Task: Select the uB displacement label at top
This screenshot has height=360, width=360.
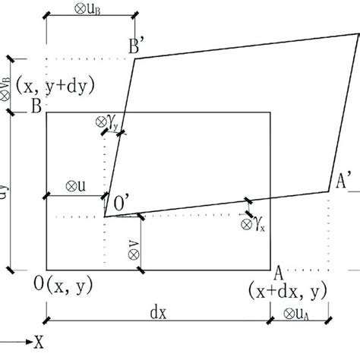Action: [x=91, y=14]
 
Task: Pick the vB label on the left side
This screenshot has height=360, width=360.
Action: [x=7, y=88]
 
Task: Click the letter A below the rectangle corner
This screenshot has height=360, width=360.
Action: [x=279, y=273]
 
